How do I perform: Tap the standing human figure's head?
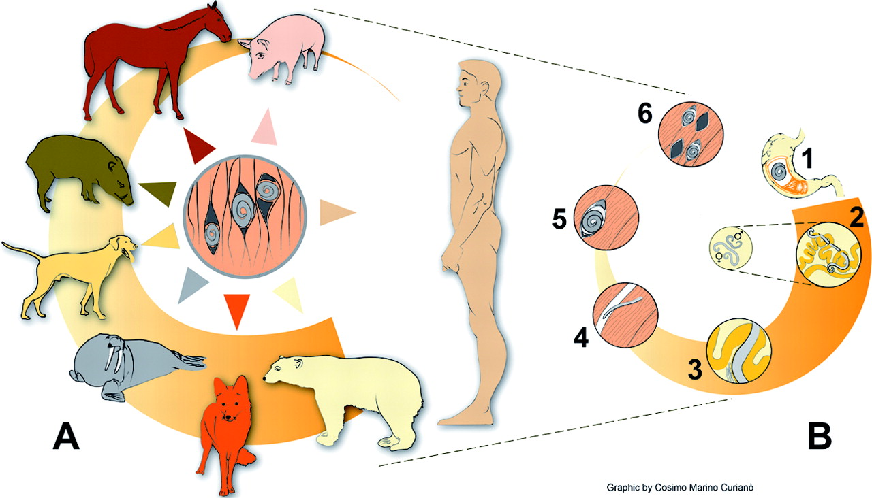[x=478, y=83]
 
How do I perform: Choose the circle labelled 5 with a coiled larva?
[x=606, y=217]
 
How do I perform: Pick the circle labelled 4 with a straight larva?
[x=625, y=315]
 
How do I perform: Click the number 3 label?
[x=695, y=369]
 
